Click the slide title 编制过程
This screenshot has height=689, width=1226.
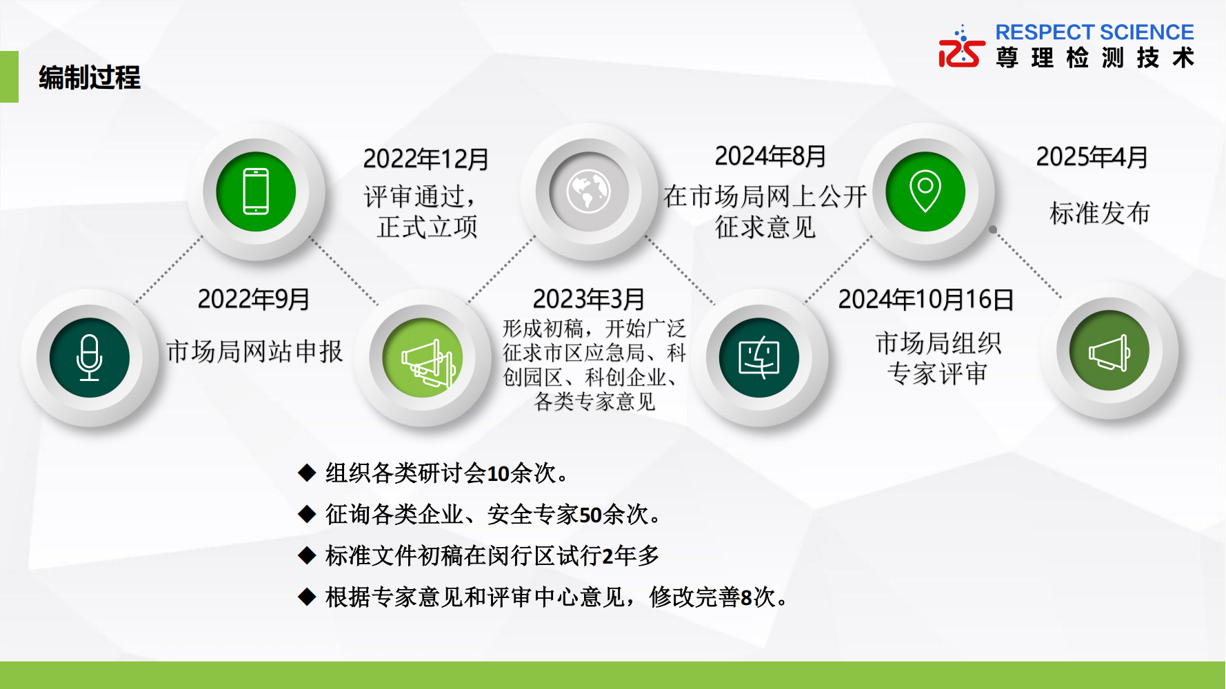pyautogui.click(x=90, y=77)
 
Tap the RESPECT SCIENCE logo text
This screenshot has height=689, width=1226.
pyautogui.click(x=1094, y=32)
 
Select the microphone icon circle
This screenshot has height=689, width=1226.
pyautogui.click(x=90, y=358)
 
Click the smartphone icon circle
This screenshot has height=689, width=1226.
pyautogui.click(x=256, y=192)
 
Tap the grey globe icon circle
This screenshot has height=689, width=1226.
pyautogui.click(x=589, y=192)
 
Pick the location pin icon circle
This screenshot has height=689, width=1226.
pyautogui.click(x=925, y=192)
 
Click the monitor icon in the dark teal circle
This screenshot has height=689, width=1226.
pyautogui.click(x=759, y=358)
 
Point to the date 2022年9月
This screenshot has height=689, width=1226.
pyautogui.click(x=254, y=299)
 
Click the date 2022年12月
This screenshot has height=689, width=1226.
pyautogui.click(x=426, y=159)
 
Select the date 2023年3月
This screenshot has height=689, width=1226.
pyautogui.click(x=589, y=299)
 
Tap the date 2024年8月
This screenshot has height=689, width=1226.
pyautogui.click(x=771, y=156)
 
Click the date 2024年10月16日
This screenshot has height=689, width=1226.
pyautogui.click(x=926, y=299)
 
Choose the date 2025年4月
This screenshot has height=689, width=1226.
pyautogui.click(x=1092, y=157)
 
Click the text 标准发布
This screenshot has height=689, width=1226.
pyautogui.click(x=1100, y=214)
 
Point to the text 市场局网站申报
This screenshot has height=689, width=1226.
pyautogui.click(x=254, y=351)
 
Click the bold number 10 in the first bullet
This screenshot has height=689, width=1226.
pyautogui.click(x=498, y=474)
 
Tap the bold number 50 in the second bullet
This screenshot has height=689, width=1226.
pyautogui.click(x=590, y=515)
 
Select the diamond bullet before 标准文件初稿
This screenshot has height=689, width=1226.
pyautogui.click(x=307, y=555)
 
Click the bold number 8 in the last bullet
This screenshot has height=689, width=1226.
pyautogui.click(x=746, y=597)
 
